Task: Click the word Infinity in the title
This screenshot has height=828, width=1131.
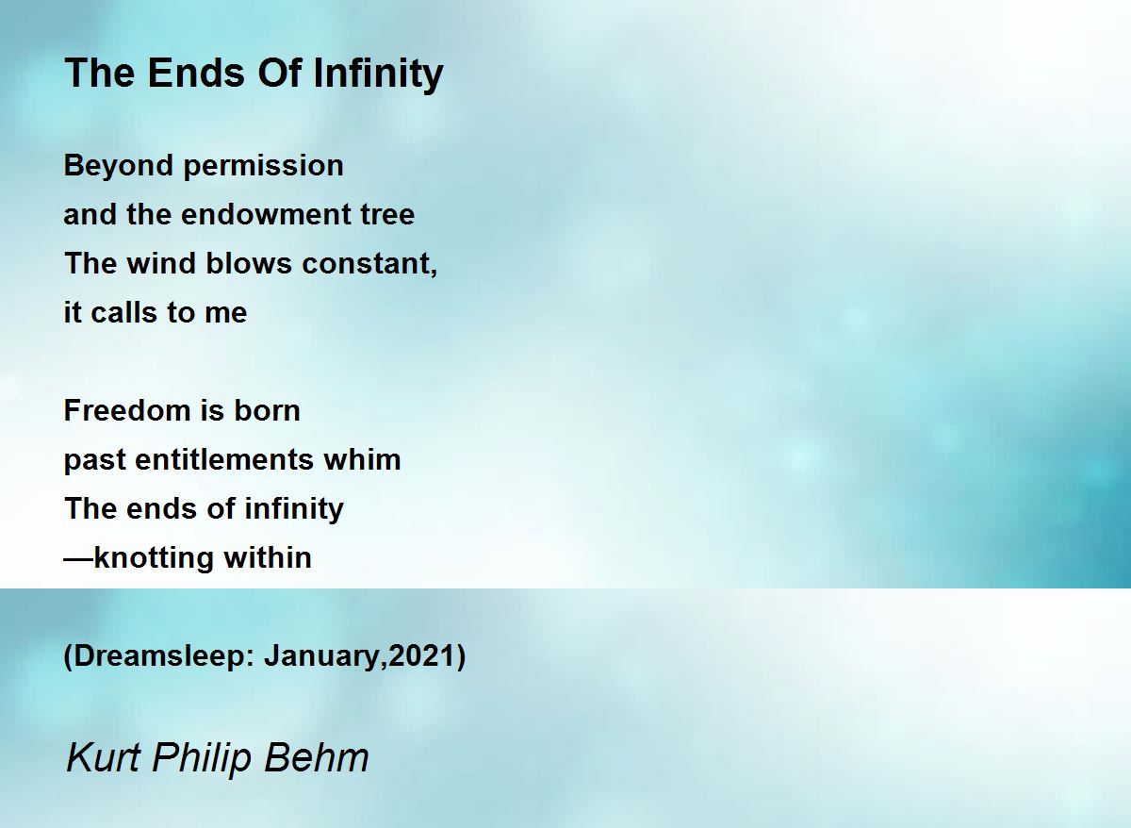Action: [x=378, y=75]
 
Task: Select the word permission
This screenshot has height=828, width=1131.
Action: [x=263, y=167]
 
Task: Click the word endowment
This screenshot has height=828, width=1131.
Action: [x=265, y=214]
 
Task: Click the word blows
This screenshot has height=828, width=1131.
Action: [x=249, y=263]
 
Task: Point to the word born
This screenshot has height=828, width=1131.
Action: [x=267, y=410]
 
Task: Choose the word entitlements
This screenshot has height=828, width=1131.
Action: [x=224, y=459]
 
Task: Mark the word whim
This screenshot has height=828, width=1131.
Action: [x=362, y=459]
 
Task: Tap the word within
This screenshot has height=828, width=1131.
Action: [x=268, y=557]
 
